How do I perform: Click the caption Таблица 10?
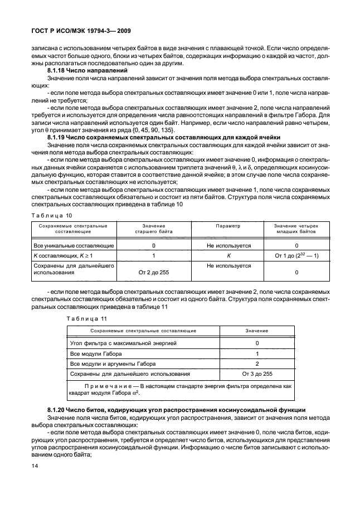(x=51, y=214)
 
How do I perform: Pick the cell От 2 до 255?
(x=154, y=272)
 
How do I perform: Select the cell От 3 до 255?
(x=257, y=374)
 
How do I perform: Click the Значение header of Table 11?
(x=257, y=331)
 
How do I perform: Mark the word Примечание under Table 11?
(x=112, y=386)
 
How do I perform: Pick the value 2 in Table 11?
(x=257, y=363)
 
